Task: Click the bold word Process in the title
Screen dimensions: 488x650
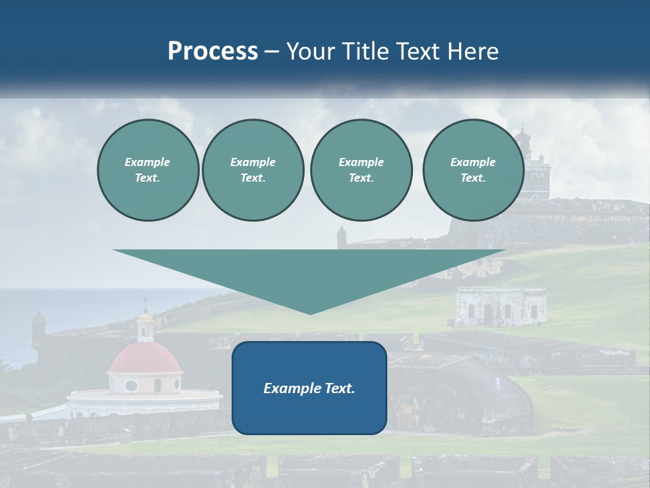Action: (213, 52)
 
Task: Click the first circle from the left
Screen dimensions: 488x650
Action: (148, 170)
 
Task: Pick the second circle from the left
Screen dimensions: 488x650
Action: (253, 170)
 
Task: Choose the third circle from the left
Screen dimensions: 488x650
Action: (361, 170)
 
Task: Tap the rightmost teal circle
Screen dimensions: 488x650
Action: (473, 170)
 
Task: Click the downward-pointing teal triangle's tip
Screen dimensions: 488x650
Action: (310, 312)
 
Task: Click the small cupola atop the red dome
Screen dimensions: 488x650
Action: (145, 326)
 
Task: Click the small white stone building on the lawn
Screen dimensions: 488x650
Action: (501, 306)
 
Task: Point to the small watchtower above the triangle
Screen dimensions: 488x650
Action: (341, 237)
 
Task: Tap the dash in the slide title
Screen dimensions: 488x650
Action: (272, 52)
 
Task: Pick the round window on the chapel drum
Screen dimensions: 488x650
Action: (131, 385)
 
